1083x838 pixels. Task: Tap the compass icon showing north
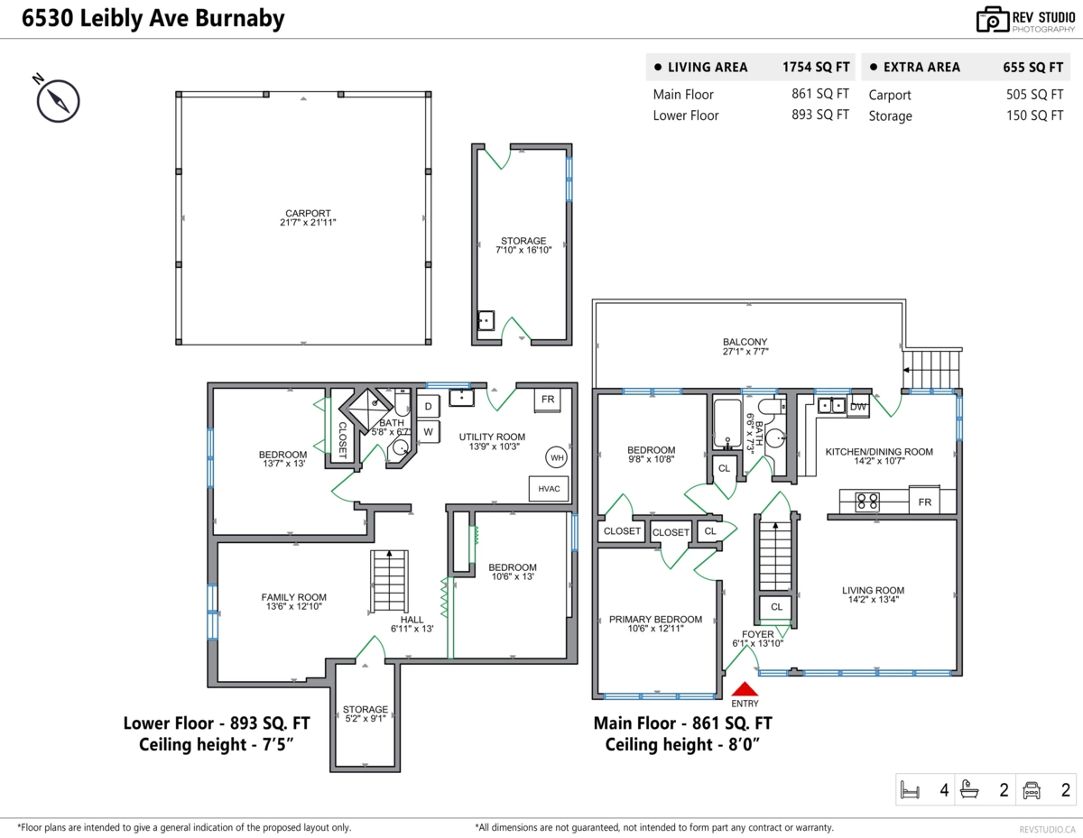click(58, 99)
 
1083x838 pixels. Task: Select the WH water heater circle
click(557, 457)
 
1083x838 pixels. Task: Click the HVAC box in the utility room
click(549, 489)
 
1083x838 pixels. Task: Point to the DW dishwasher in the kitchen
click(858, 406)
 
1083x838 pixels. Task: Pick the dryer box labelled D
click(428, 407)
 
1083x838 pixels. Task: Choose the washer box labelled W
click(428, 432)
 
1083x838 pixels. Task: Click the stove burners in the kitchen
click(867, 502)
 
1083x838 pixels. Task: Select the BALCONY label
click(745, 342)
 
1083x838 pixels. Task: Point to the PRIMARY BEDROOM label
click(655, 619)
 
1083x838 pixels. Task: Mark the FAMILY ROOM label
click(294, 597)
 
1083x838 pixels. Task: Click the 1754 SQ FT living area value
click(816, 67)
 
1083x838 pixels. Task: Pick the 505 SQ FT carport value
click(1034, 95)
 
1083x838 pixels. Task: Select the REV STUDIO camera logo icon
click(991, 19)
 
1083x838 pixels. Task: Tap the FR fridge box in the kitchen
click(925, 502)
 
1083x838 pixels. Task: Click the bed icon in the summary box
click(911, 791)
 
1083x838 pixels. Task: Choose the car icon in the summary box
click(1032, 791)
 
